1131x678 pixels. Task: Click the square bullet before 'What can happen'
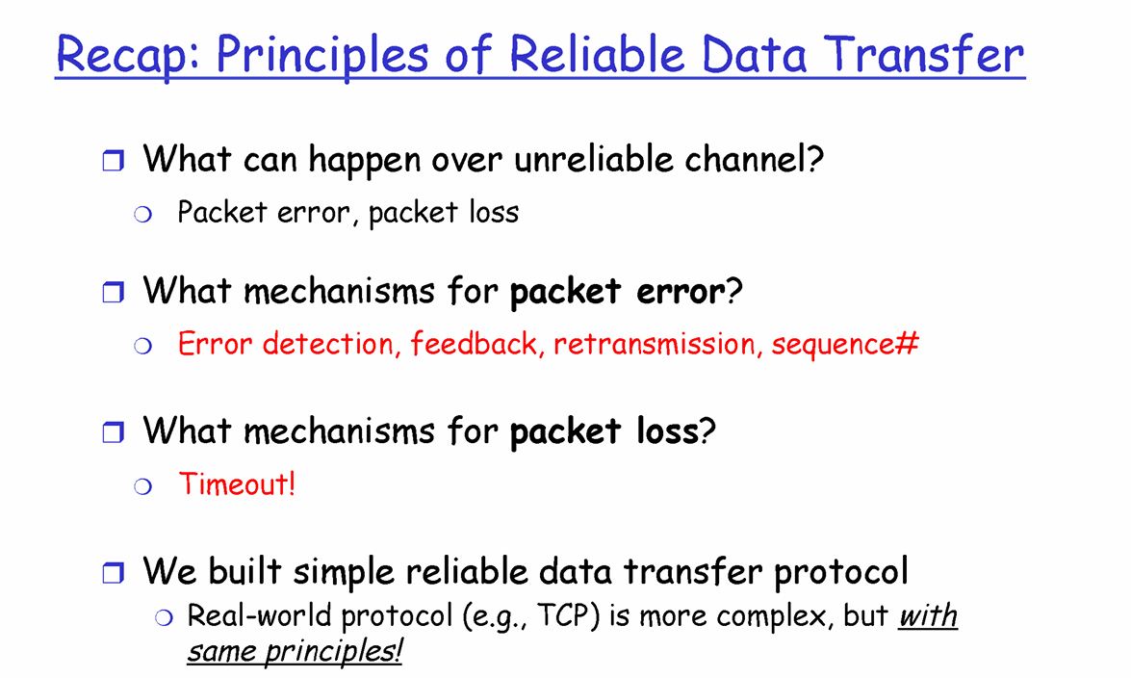[x=114, y=160]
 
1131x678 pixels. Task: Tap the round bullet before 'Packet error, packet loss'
[x=142, y=215]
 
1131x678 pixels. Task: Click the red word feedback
[x=475, y=344]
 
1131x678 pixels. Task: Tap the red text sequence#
[x=845, y=345]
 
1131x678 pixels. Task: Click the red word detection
[x=329, y=344]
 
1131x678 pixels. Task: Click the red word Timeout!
[x=238, y=483]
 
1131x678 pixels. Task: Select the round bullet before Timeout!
[x=142, y=486]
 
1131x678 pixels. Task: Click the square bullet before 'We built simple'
[x=114, y=573]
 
